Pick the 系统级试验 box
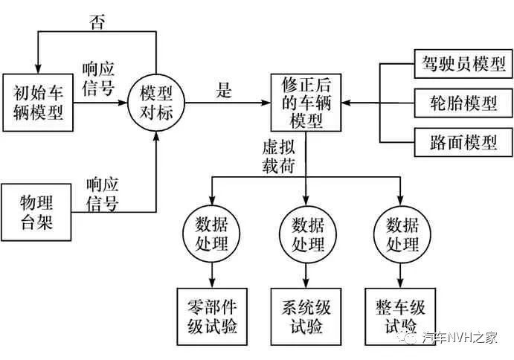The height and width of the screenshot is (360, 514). click(x=306, y=315)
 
